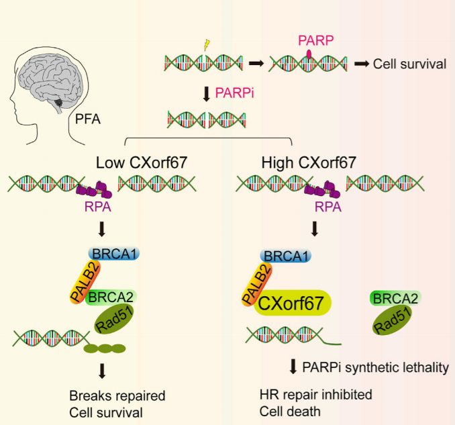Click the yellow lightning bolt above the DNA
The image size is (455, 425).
point(207,45)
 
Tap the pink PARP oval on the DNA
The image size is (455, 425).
point(309,54)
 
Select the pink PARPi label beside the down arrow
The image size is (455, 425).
point(234,93)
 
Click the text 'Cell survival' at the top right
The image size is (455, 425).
point(409,64)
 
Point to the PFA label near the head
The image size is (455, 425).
point(88,119)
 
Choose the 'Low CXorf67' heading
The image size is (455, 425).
point(142,162)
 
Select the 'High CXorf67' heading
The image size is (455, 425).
point(309,162)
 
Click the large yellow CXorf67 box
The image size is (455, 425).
point(292,303)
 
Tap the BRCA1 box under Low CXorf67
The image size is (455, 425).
point(114,254)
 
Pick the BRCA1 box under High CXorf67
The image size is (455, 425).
point(286,256)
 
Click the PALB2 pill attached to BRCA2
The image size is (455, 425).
point(85,282)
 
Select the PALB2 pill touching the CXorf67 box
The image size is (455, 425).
point(257,284)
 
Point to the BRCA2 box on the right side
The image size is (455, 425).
point(395,298)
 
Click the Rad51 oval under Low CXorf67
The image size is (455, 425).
point(114,319)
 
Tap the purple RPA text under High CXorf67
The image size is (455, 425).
point(328,207)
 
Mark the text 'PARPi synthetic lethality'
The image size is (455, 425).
point(376,367)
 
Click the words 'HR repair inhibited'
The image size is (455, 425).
point(316,395)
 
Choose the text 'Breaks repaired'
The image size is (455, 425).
point(117,395)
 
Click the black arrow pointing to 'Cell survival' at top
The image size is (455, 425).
point(362,64)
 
